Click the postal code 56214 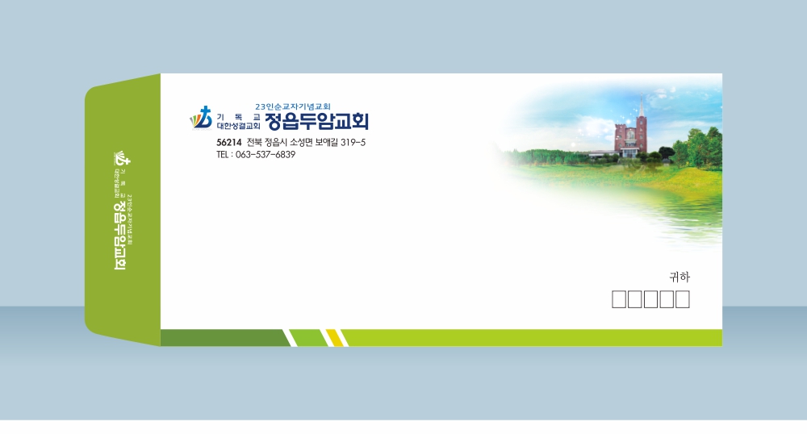pyautogui.click(x=229, y=143)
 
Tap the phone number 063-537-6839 pyautogui.click(x=266, y=155)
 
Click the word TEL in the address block pyautogui.click(x=223, y=155)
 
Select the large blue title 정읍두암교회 pyautogui.click(x=316, y=121)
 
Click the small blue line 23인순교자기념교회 pyautogui.click(x=293, y=106)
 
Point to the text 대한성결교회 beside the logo pyautogui.click(x=238, y=126)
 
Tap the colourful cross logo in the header pyautogui.click(x=201, y=119)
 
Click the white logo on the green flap pyautogui.click(x=122, y=158)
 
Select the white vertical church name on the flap pyautogui.click(x=119, y=235)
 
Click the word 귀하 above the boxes pyautogui.click(x=679, y=278)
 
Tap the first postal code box pyautogui.click(x=619, y=299)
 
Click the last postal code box pyautogui.click(x=683, y=299)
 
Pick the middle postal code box pyautogui.click(x=650, y=299)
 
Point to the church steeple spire pyautogui.click(x=642, y=106)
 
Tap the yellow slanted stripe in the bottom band pyautogui.click(x=335, y=338)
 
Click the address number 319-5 pyautogui.click(x=353, y=143)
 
